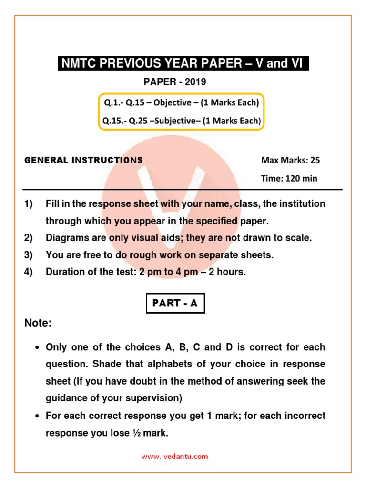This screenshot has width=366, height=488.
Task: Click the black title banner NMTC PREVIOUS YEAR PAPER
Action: pos(183,63)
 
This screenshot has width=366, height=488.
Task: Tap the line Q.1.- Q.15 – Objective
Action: pos(181,103)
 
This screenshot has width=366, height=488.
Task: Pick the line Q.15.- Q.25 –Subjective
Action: pos(181,121)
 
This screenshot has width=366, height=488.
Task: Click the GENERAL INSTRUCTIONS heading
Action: pos(83,160)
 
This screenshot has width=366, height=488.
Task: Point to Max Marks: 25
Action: pos(290,160)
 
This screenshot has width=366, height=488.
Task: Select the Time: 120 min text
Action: pos(289,179)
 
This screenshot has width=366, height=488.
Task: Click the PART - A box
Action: pos(175,303)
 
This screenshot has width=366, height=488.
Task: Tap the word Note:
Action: pos(38,324)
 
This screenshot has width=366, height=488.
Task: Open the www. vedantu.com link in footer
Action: pos(175,456)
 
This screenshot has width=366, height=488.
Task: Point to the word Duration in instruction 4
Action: pos(64,273)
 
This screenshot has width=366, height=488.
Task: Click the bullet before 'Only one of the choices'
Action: pos(37,348)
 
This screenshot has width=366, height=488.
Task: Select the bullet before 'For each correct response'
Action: pos(37,417)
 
